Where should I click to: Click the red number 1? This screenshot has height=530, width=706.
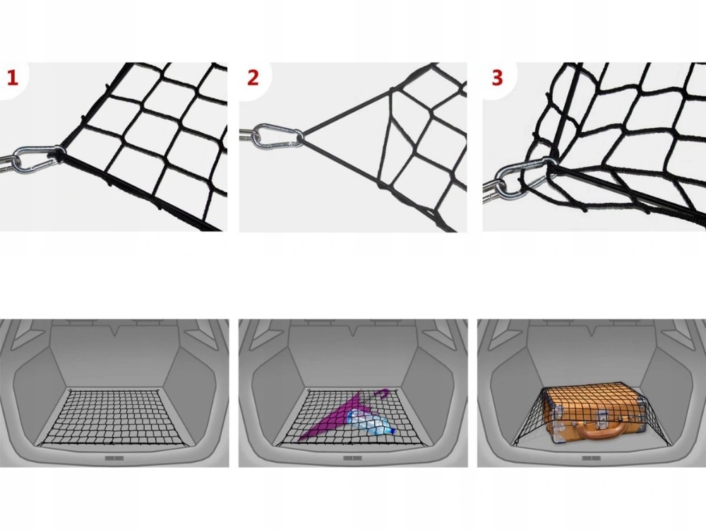pos(12,78)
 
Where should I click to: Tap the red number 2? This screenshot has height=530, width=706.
pos(253,77)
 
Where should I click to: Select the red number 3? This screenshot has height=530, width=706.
pos(497,78)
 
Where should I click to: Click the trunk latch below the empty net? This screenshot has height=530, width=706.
pos(114,459)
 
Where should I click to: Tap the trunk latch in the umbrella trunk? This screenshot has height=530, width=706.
pos(353,459)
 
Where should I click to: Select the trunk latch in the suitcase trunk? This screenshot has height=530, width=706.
pos(592,459)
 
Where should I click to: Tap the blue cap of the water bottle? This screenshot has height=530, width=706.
pos(393,431)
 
